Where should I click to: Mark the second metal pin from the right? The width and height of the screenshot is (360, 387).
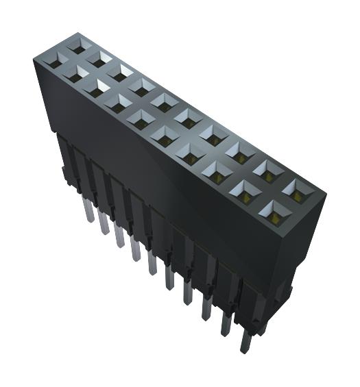[224, 331]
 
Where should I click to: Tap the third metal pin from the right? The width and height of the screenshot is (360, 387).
[205, 314]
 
